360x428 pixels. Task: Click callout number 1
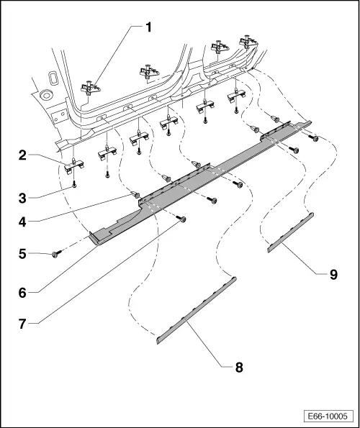(x=148, y=27)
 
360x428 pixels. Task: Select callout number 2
(x=22, y=155)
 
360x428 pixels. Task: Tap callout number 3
(x=22, y=198)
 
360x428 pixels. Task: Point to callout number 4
(x=22, y=222)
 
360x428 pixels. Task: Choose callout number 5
(x=22, y=254)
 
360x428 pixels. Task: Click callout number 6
(x=22, y=293)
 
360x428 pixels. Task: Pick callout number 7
(x=22, y=324)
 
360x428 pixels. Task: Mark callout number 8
(x=239, y=368)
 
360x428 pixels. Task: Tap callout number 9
(x=333, y=274)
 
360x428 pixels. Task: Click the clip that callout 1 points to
(x=91, y=87)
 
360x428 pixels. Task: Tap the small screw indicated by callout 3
(x=73, y=186)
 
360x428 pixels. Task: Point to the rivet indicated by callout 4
(x=135, y=195)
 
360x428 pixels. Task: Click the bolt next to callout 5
(x=55, y=255)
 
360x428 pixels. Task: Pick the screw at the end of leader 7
(x=181, y=219)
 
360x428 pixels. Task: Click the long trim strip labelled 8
(x=196, y=311)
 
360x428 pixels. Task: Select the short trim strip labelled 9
(x=290, y=233)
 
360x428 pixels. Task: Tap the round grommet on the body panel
(x=45, y=95)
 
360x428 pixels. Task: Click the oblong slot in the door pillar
(x=51, y=77)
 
